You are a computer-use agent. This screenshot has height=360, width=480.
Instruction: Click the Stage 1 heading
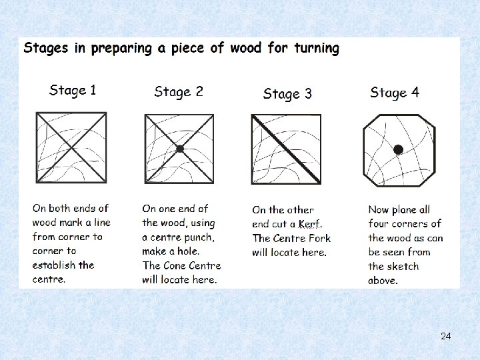[73, 91]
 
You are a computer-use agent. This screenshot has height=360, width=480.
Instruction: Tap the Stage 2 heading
[179, 92]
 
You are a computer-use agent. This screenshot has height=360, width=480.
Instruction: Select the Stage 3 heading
[287, 94]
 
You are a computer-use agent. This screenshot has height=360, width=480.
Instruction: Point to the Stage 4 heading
[395, 93]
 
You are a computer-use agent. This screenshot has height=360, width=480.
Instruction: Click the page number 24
[446, 336]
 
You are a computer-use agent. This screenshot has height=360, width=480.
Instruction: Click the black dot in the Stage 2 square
[180, 149]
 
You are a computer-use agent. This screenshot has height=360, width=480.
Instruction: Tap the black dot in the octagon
[398, 150]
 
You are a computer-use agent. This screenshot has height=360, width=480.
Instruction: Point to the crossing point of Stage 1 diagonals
[71, 148]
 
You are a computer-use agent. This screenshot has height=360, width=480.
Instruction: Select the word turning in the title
[317, 49]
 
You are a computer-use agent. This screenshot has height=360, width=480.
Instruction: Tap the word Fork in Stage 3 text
[319, 238]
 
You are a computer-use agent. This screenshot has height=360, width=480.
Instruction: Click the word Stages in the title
[46, 49]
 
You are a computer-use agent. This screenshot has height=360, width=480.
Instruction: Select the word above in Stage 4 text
[383, 281]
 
